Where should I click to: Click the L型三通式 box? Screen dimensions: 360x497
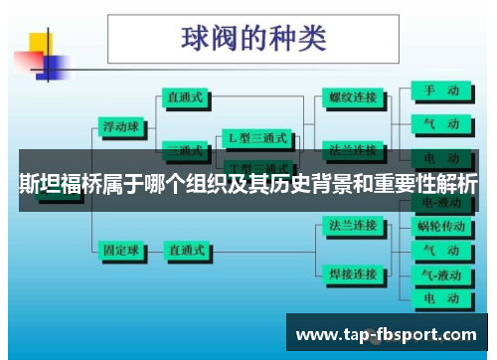tap(258, 138)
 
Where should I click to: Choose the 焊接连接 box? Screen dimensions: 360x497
tap(353, 272)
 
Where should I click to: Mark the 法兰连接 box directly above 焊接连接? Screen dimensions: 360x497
tap(353, 226)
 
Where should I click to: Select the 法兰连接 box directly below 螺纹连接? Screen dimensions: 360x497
tap(353, 149)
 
